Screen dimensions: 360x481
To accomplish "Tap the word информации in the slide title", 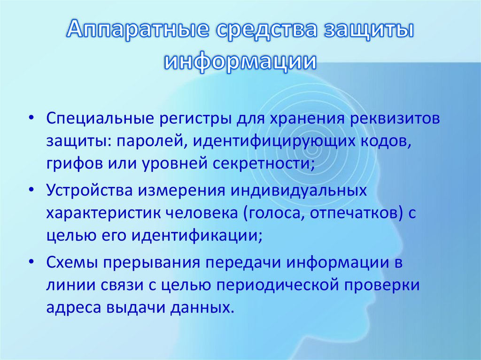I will coord(240,61).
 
